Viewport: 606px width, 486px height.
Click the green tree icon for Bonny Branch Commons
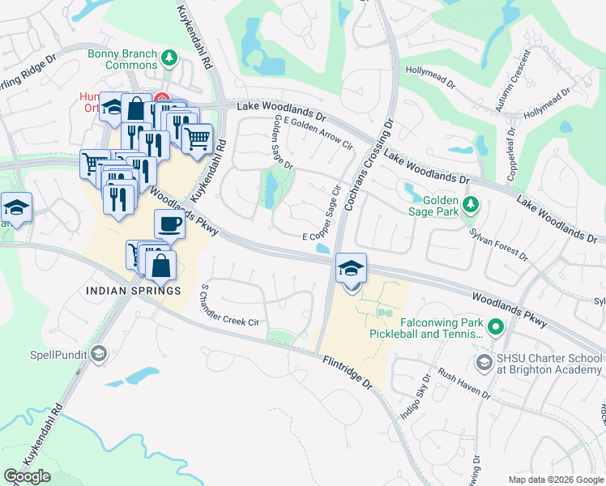169,57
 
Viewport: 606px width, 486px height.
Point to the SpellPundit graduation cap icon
98,354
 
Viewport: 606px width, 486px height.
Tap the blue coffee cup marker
169,224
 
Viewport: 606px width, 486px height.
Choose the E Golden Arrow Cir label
316,133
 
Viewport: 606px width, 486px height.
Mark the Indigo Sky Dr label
415,397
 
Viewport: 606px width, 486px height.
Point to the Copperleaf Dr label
511,153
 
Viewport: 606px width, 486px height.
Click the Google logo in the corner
28,476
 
